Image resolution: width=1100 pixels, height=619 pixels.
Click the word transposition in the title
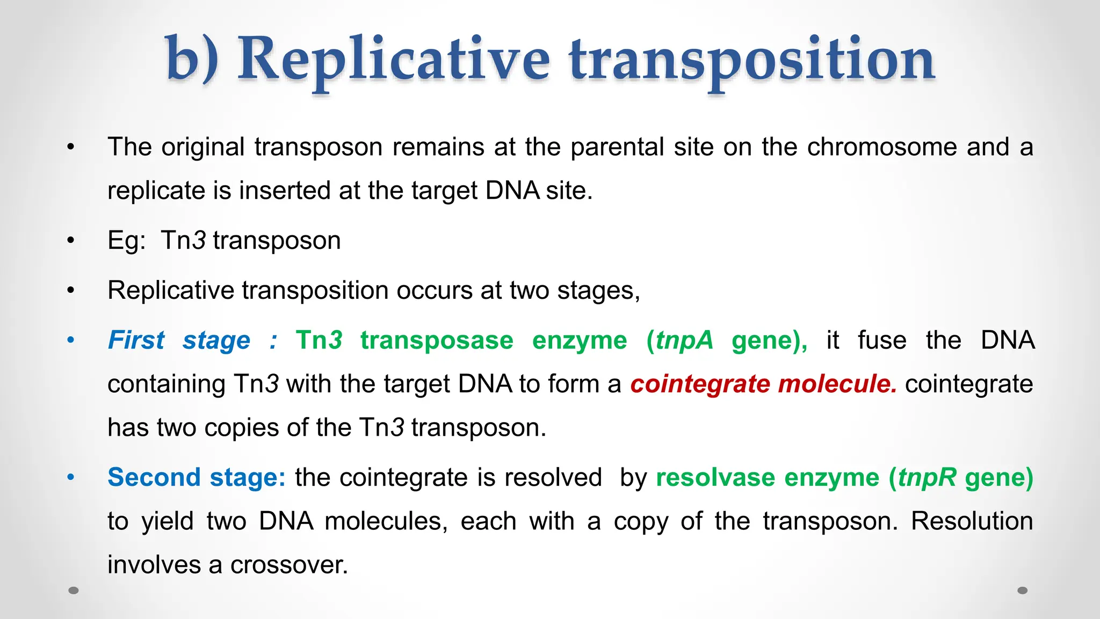click(x=752, y=60)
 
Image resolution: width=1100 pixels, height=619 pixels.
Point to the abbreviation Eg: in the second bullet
click(x=126, y=241)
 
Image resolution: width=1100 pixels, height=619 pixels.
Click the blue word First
click(x=136, y=341)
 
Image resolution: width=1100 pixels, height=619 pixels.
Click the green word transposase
click(x=437, y=341)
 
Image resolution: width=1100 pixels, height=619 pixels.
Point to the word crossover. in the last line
click(x=289, y=565)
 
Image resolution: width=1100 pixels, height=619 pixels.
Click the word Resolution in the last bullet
click(x=972, y=521)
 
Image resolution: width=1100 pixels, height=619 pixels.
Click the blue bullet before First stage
click(x=71, y=341)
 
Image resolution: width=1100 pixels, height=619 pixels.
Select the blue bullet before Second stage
click(x=71, y=477)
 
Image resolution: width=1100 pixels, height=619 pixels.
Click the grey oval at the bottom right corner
click(x=1023, y=591)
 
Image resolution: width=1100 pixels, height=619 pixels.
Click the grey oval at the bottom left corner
click(x=74, y=591)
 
